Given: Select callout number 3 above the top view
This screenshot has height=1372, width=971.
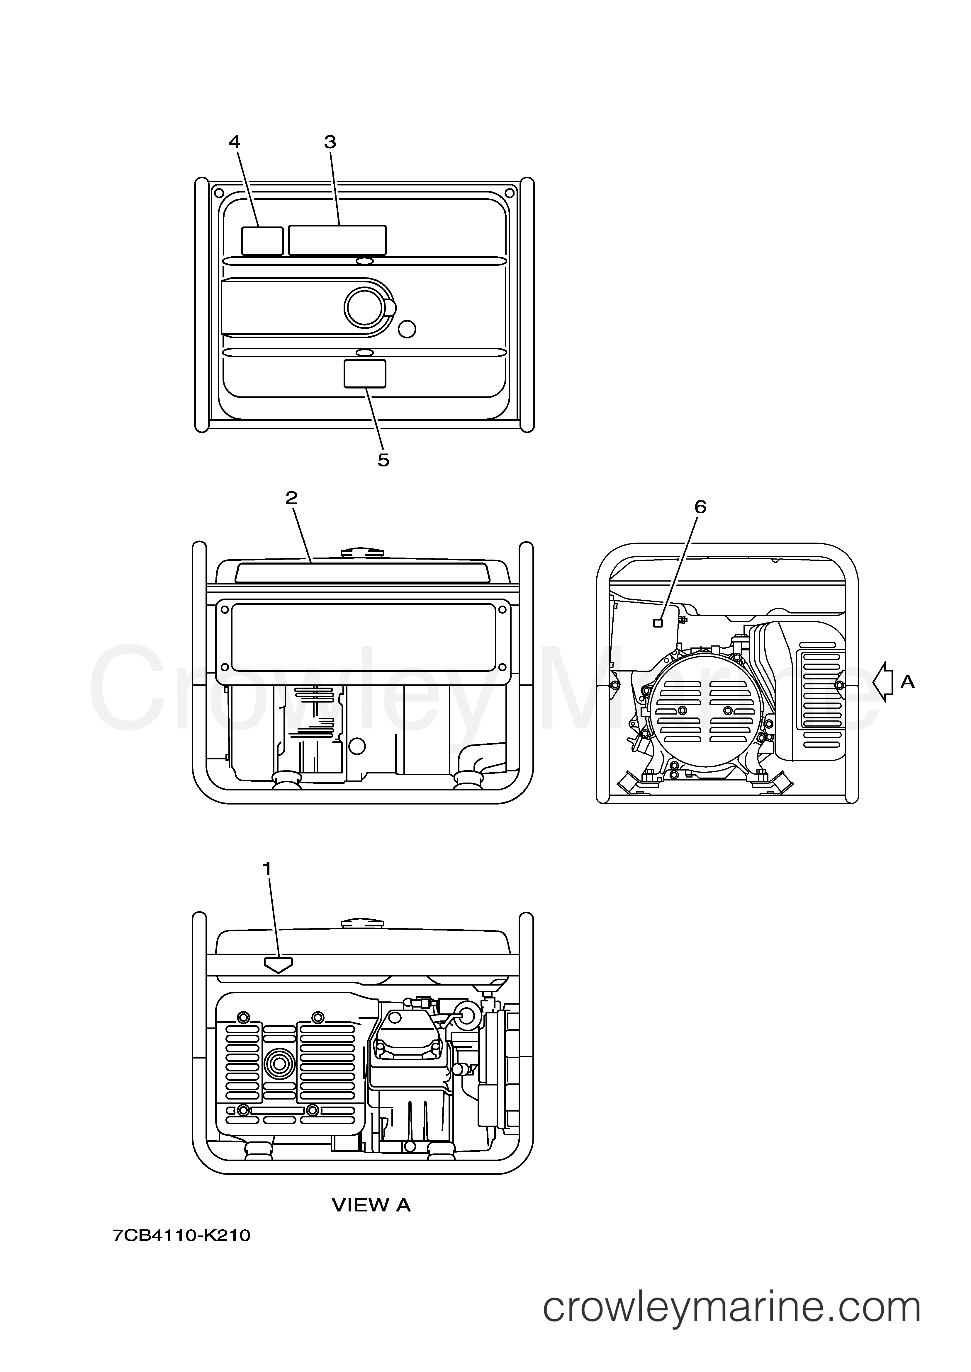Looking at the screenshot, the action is (x=330, y=142).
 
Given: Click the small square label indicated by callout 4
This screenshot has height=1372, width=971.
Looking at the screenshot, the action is (x=262, y=241).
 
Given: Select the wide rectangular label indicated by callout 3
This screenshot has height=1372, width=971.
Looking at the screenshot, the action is (x=337, y=240).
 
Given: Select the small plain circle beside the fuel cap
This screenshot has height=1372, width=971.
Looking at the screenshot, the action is (x=407, y=329).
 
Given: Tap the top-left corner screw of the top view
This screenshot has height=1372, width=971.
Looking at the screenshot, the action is (x=219, y=193).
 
